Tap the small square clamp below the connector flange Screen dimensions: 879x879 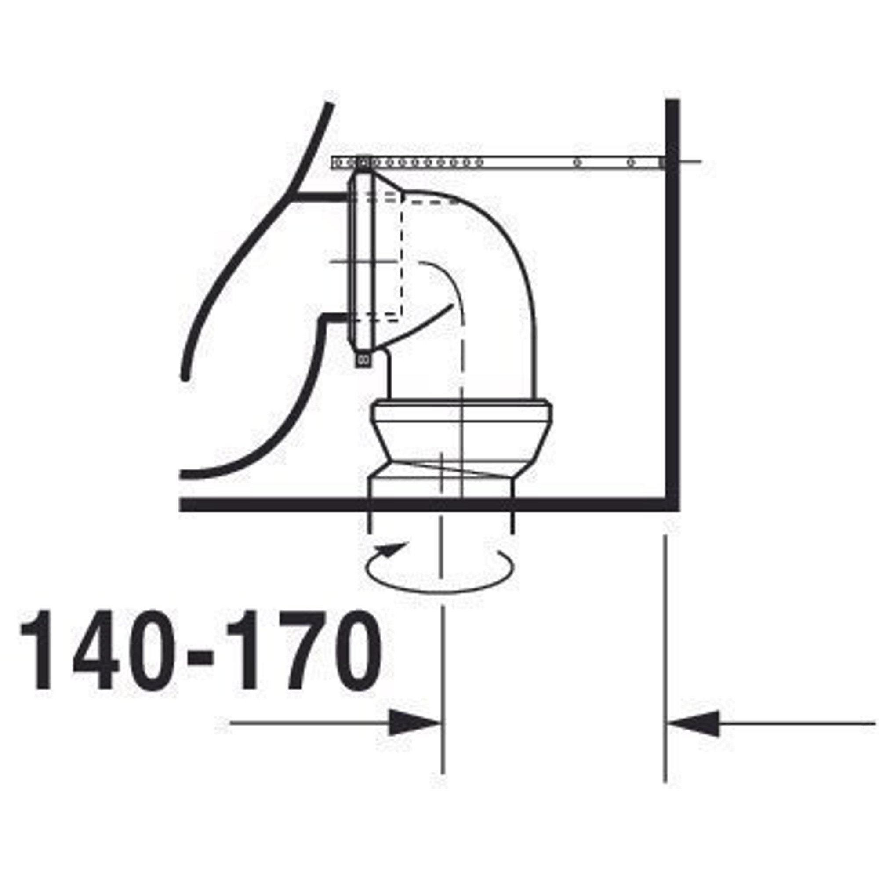[x=363, y=360]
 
